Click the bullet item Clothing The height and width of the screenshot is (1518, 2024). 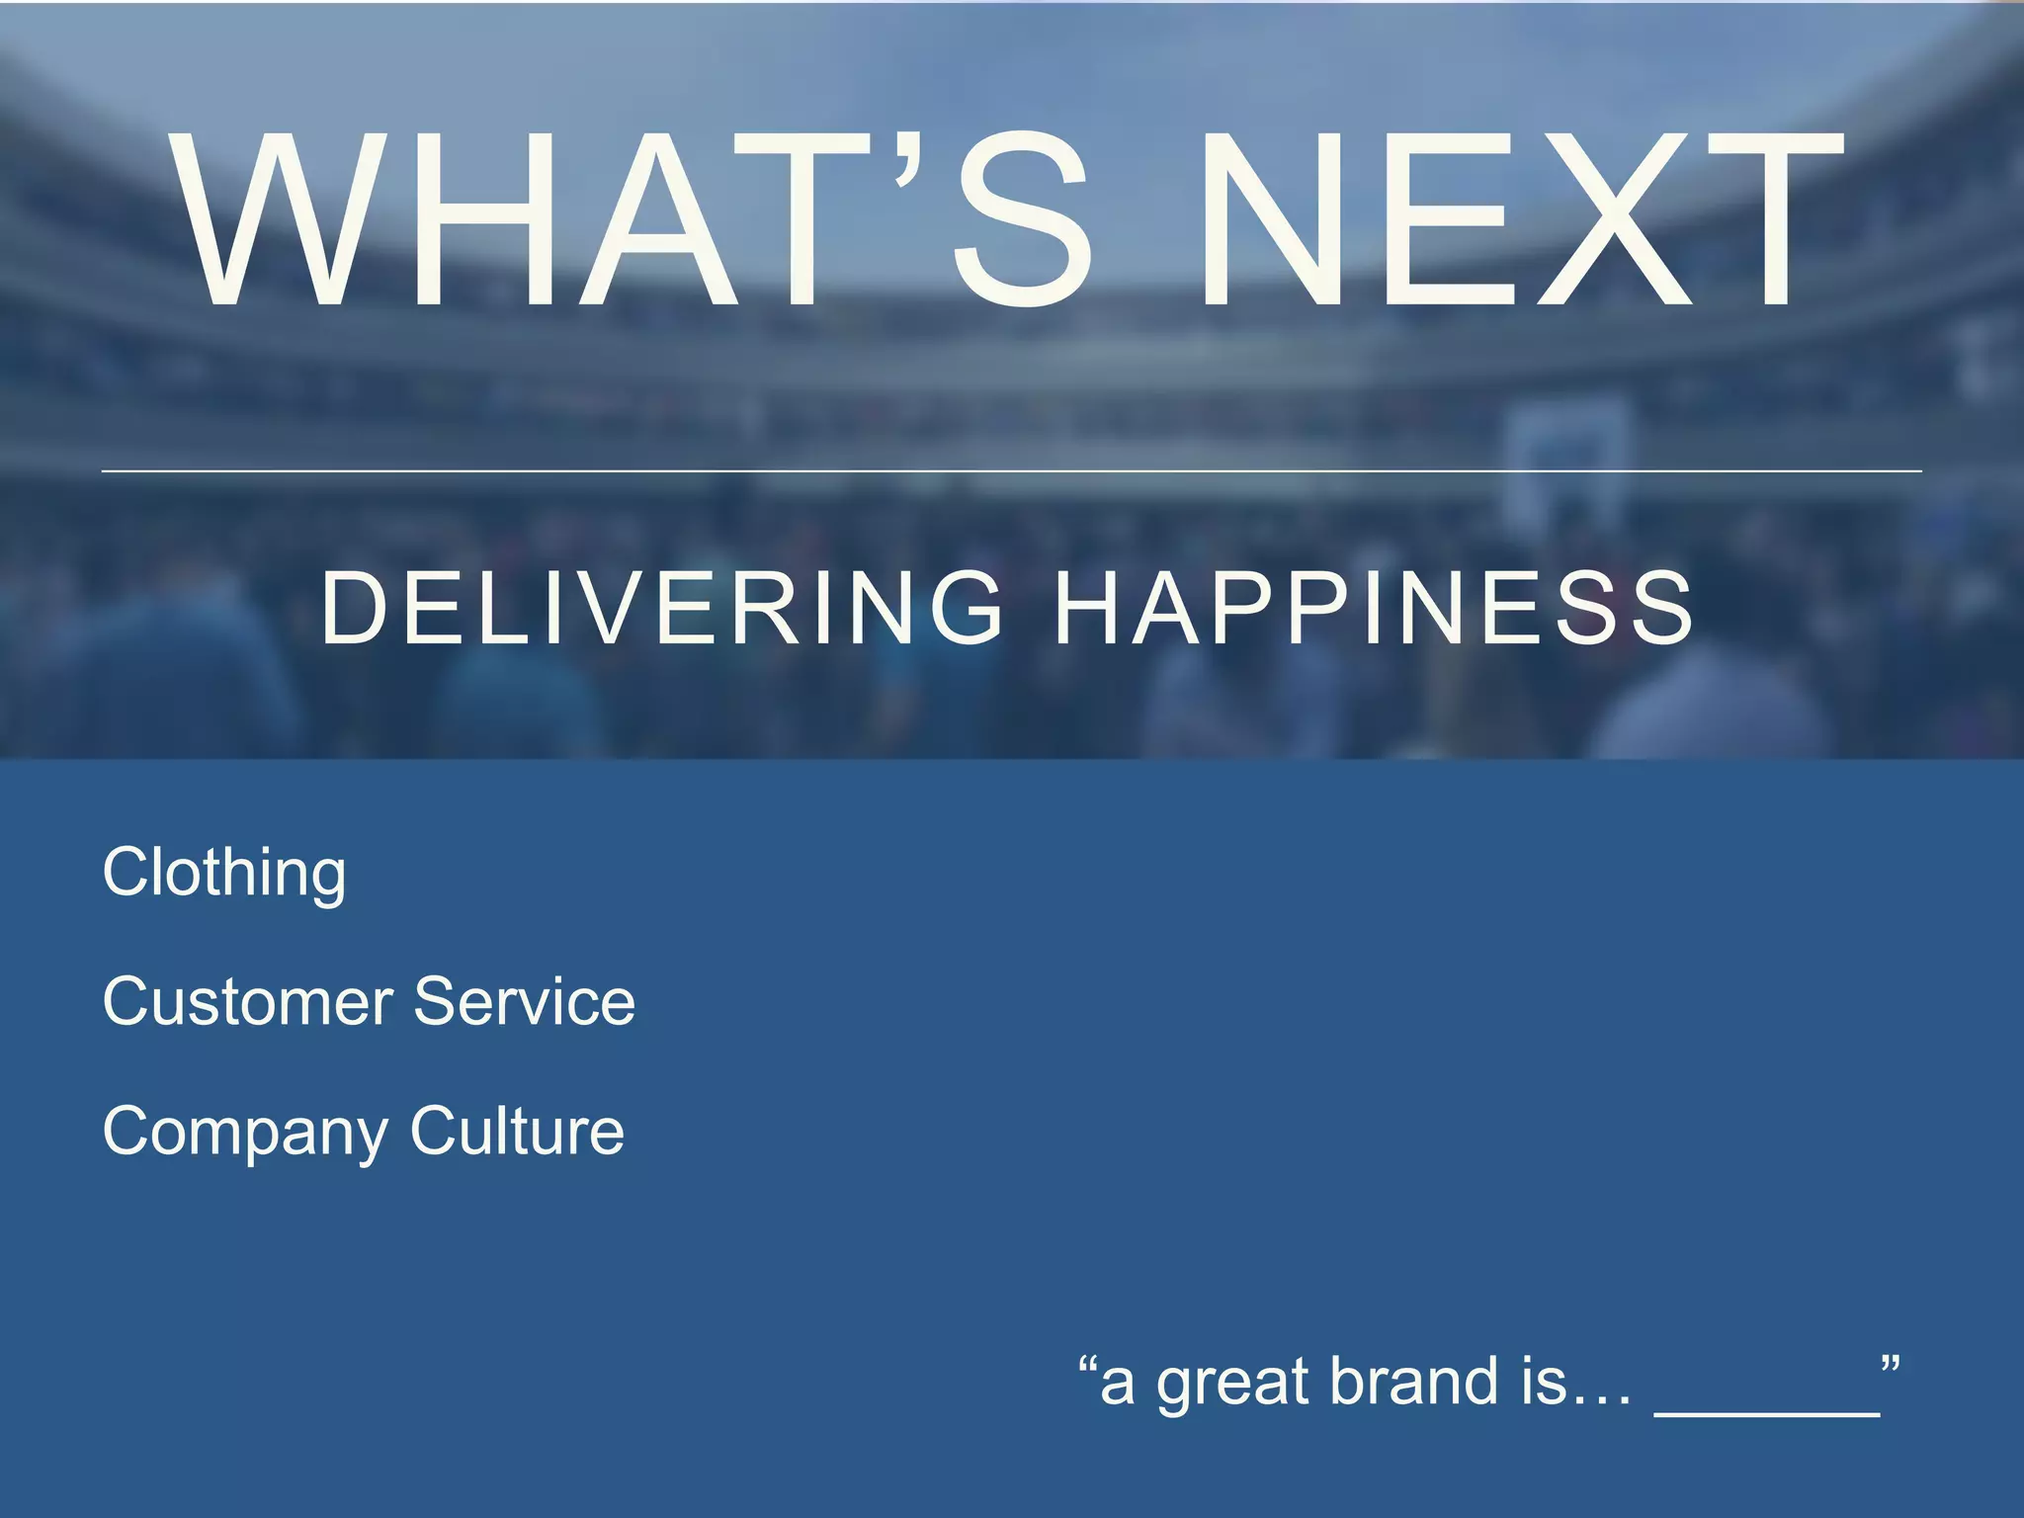pyautogui.click(x=224, y=873)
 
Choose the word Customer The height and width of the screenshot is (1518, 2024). pyautogui.click(x=248, y=1001)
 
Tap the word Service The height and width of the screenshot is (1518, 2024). pyautogui.click(x=524, y=1001)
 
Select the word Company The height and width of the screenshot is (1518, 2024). pyautogui.click(x=245, y=1132)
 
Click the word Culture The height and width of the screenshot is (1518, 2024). pyautogui.click(x=517, y=1132)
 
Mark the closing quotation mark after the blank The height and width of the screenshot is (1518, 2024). pyautogui.click(x=1891, y=1367)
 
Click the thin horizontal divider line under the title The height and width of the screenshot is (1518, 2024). pyautogui.click(x=1012, y=471)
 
